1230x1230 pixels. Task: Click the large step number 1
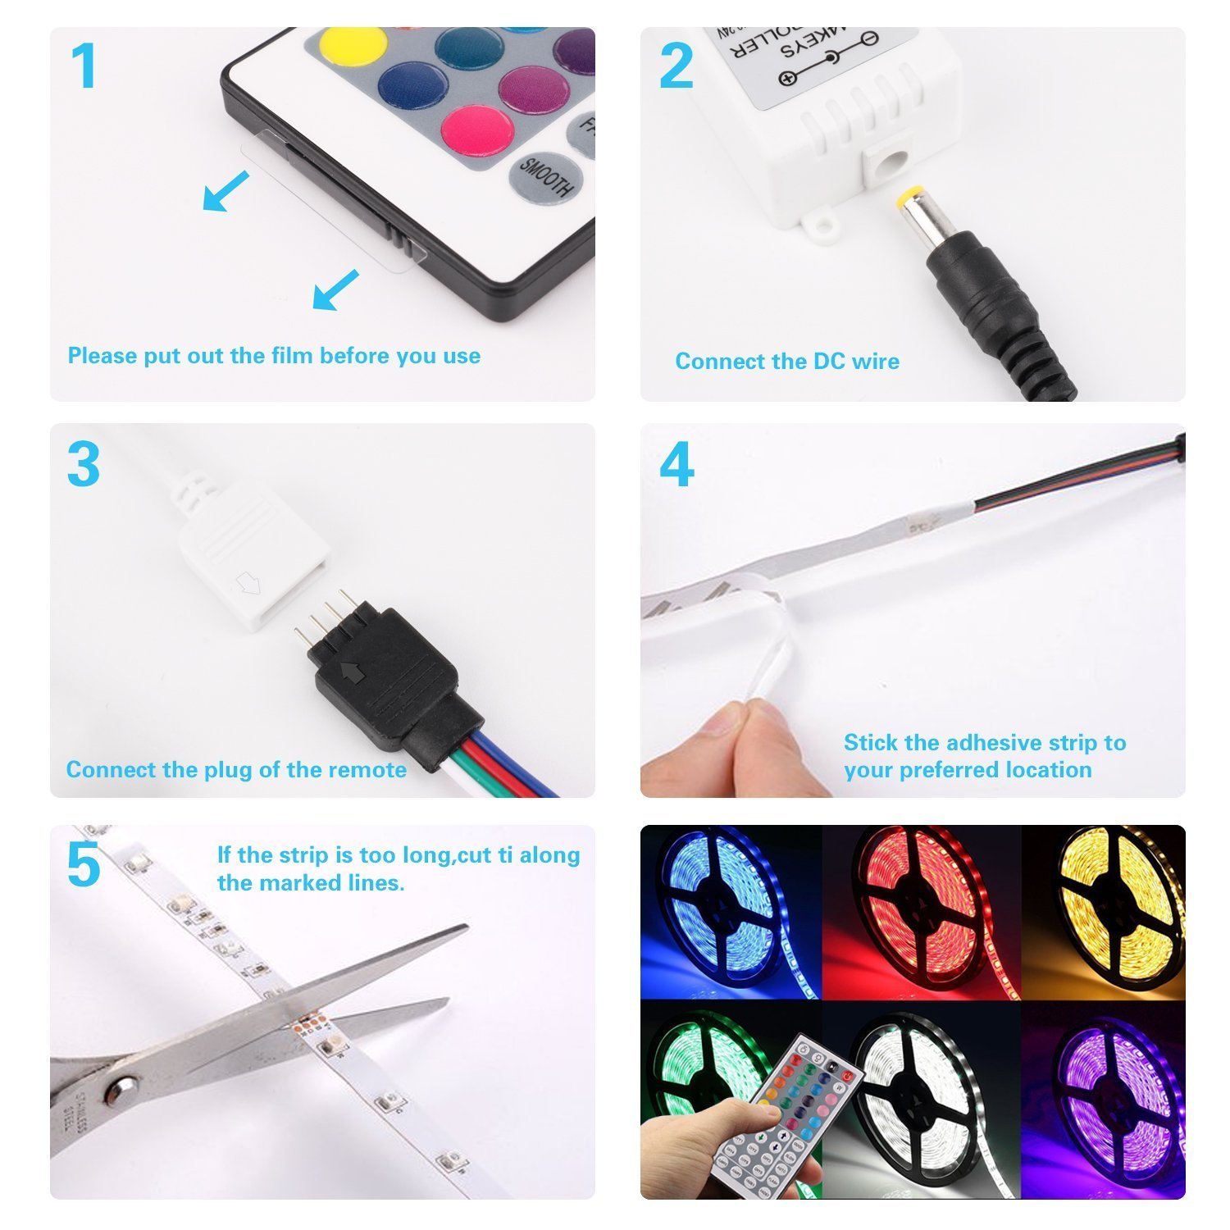pos(84,66)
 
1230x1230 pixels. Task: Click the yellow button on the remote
pos(352,48)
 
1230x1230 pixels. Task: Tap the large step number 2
pos(676,66)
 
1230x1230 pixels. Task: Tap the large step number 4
pos(676,465)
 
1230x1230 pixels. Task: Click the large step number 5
pos(84,865)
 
